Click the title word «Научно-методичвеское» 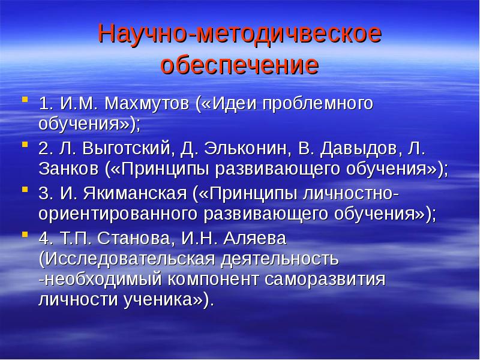pos(239,35)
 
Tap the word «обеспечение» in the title pos(239,65)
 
